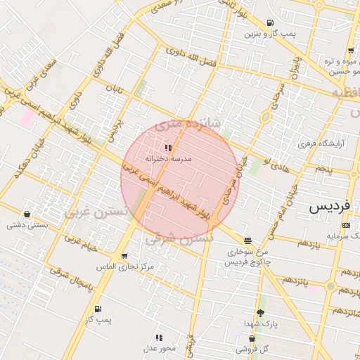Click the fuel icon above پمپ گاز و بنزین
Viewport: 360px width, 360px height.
(x=271, y=22)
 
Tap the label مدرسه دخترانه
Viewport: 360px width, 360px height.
(x=167, y=159)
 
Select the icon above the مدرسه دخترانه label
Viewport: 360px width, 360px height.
(x=167, y=148)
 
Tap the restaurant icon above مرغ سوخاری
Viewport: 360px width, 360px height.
(x=246, y=240)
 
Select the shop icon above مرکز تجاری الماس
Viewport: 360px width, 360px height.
(x=124, y=256)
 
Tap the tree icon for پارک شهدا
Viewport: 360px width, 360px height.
(x=260, y=312)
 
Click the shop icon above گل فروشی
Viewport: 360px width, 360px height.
(x=252, y=337)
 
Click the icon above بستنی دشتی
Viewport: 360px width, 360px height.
(x=27, y=214)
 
